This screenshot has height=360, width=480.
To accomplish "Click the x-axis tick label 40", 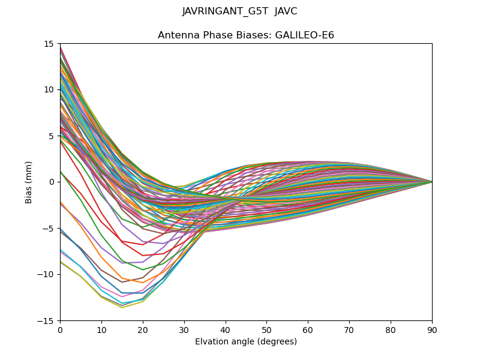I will (226, 329).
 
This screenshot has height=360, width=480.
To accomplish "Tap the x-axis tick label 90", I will (432, 329).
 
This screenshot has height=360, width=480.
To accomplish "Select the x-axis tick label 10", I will (101, 329).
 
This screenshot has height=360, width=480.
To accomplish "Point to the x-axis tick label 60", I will (308, 329).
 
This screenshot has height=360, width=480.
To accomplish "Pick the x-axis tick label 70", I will (349, 329).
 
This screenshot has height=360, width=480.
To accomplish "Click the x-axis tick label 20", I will (143, 329).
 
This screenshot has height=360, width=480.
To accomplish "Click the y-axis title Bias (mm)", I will (29, 182).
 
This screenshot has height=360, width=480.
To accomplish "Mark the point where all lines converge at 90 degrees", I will (432, 182).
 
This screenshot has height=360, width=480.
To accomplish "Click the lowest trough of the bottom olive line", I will (122, 308).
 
